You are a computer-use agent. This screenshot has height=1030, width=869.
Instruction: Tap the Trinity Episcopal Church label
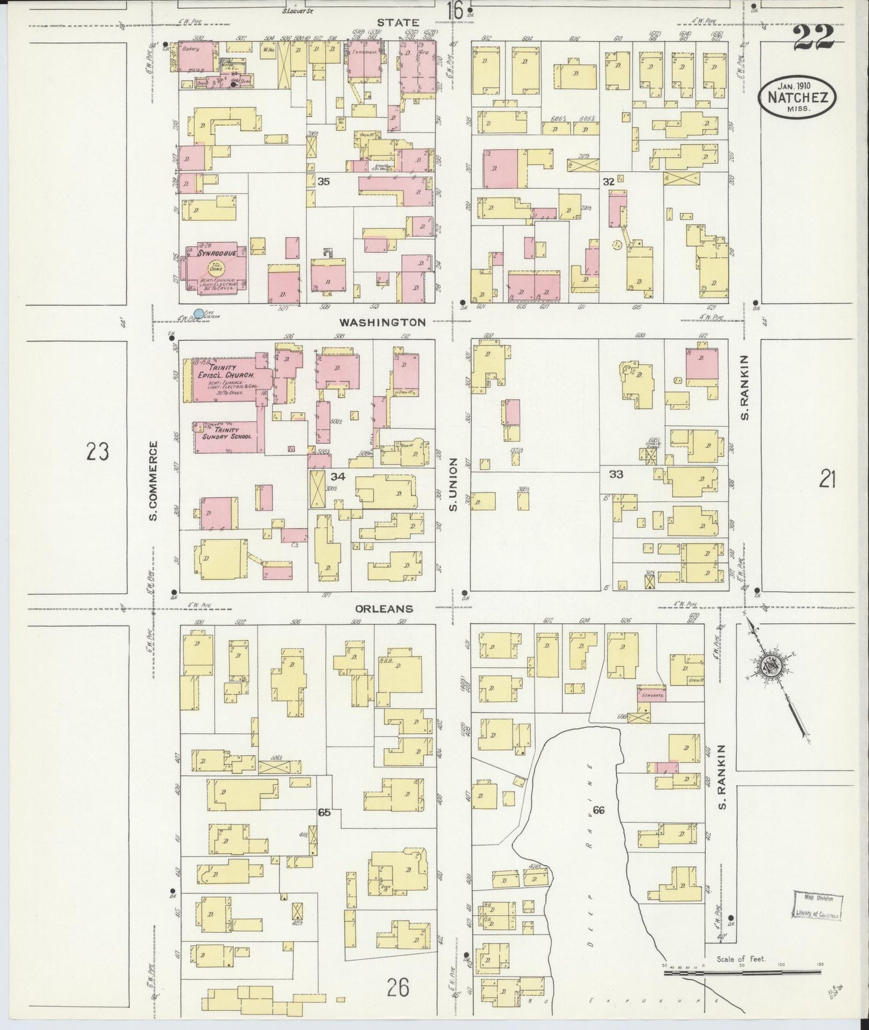pos(227,371)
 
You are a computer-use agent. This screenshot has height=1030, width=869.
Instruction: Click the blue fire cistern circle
pos(198,314)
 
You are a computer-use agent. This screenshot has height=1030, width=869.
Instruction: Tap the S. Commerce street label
pos(154,481)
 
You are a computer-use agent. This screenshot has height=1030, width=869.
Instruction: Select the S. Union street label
pos(454,484)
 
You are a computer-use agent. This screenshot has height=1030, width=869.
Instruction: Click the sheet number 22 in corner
pos(813,38)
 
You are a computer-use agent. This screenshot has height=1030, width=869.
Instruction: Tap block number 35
pos(324,181)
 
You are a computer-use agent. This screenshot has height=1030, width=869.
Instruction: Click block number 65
pos(324,812)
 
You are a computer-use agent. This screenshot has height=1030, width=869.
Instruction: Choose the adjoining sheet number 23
pos(97,451)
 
